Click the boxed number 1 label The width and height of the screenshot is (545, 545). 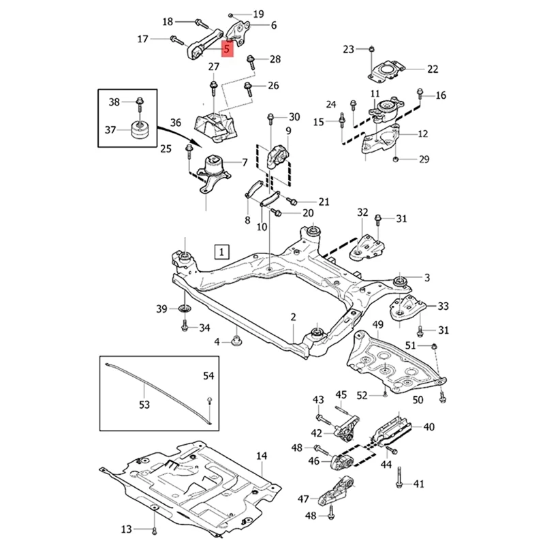(221, 252)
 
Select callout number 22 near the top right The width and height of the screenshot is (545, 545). (433, 69)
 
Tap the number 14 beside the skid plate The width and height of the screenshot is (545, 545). (262, 456)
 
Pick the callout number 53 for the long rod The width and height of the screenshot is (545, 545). (144, 405)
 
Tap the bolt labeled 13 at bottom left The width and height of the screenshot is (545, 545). (155, 529)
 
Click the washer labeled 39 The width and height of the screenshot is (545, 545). (185, 311)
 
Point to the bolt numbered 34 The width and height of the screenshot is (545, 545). (185, 328)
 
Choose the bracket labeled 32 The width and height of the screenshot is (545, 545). (365, 249)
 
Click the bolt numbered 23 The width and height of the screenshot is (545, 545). (370, 49)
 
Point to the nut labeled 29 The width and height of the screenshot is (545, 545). (396, 159)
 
